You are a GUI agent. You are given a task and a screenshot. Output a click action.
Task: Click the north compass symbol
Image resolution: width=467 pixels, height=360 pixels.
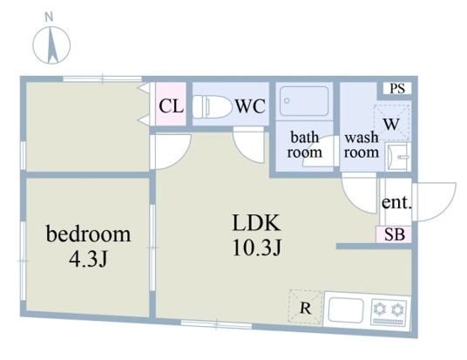(x=51, y=45)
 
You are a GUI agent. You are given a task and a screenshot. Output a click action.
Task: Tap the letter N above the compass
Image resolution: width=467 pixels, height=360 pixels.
(x=49, y=17)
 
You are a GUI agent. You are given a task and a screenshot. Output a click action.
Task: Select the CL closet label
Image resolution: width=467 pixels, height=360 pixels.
(x=171, y=106)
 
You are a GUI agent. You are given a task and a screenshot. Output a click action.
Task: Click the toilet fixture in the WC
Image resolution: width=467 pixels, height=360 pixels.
(x=213, y=106)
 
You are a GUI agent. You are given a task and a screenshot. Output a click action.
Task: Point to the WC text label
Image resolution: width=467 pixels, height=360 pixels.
(x=250, y=106)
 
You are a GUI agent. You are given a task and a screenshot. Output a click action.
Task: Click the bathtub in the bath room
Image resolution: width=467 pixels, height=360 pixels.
(x=304, y=101)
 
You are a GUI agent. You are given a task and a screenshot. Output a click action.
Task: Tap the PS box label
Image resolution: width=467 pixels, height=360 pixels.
(x=397, y=89)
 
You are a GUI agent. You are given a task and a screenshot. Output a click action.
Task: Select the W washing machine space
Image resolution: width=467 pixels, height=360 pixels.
(x=392, y=123)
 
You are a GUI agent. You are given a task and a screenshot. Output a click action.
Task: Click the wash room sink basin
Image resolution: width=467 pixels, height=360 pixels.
(x=399, y=155)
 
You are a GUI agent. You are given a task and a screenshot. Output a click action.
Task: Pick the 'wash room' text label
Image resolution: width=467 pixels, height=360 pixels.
(x=362, y=145)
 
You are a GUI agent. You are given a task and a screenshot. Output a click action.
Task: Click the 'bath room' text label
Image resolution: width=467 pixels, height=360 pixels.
(x=304, y=145)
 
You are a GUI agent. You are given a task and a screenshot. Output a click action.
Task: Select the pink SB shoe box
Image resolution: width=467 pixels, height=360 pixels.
(x=394, y=234)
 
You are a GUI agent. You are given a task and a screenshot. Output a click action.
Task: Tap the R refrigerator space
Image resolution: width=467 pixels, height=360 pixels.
(x=306, y=307)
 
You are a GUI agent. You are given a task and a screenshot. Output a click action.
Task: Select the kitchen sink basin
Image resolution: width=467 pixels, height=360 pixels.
(x=346, y=310)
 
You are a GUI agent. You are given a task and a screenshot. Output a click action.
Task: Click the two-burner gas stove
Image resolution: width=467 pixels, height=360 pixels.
(x=389, y=312)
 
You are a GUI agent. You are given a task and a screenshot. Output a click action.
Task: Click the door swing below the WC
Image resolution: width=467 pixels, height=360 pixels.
(x=248, y=145)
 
